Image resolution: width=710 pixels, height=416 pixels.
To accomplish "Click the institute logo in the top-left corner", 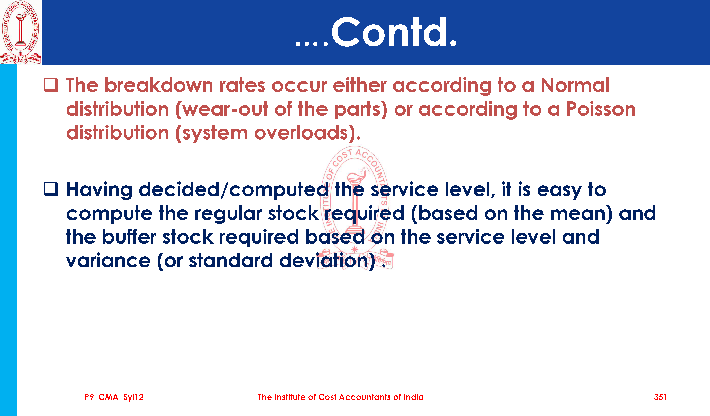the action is coord(21,32).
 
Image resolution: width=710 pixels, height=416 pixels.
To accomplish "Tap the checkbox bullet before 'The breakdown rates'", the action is coord(51,85).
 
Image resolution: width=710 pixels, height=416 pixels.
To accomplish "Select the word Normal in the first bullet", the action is coord(575,85).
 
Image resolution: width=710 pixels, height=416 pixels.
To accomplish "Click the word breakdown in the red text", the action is coord(159,85).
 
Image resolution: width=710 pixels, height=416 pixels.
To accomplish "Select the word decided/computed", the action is coord(234,189).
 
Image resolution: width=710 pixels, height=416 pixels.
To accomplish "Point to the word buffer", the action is coord(129,237).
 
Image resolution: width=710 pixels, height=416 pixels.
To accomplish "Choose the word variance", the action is coord(109,261).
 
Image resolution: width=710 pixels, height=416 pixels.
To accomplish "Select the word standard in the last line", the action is coord(231,261).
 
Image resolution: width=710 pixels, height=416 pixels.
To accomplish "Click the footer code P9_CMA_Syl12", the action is coord(114,397).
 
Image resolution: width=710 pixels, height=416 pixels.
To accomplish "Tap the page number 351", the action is coord(660,397).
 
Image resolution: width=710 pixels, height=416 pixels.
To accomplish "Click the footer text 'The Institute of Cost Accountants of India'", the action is coord(341,397).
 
